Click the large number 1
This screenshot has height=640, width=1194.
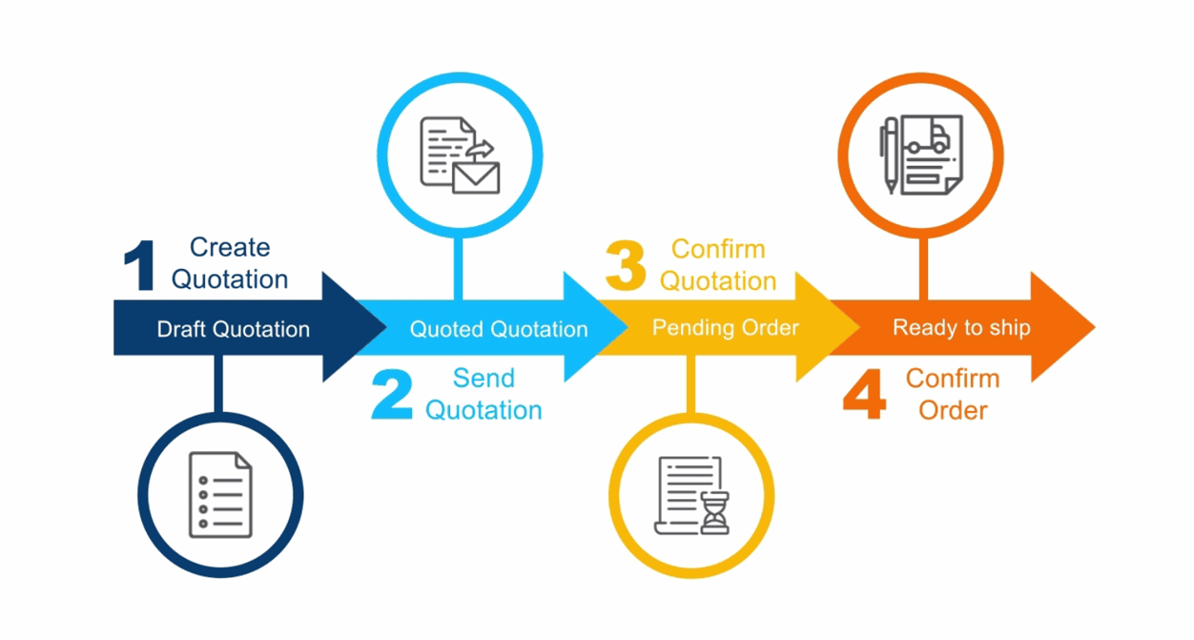pos(140,266)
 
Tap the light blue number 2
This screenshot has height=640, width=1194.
pos(391,395)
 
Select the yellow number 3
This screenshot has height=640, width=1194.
pos(626,266)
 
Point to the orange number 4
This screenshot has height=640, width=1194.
pos(865,395)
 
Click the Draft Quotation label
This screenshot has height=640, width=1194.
pos(234,330)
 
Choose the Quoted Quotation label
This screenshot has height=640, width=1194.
pos(499,330)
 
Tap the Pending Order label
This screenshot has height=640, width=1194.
pos(725,328)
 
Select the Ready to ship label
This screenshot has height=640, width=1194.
pos(961,328)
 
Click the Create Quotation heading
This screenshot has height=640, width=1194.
pos(229,263)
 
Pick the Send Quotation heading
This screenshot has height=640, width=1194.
pos(484,394)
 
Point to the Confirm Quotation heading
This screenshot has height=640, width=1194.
pos(718,265)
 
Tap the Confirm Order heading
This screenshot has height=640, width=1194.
pos(953,394)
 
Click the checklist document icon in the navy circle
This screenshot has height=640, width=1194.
pos(220,494)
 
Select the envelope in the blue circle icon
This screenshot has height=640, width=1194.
pos(476,177)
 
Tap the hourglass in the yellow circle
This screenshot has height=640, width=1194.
pos(714,512)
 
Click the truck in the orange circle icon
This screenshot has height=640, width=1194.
pos(927,139)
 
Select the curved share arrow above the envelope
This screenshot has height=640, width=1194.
pos(482,149)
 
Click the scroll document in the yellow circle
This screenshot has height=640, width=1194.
pos(685,491)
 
